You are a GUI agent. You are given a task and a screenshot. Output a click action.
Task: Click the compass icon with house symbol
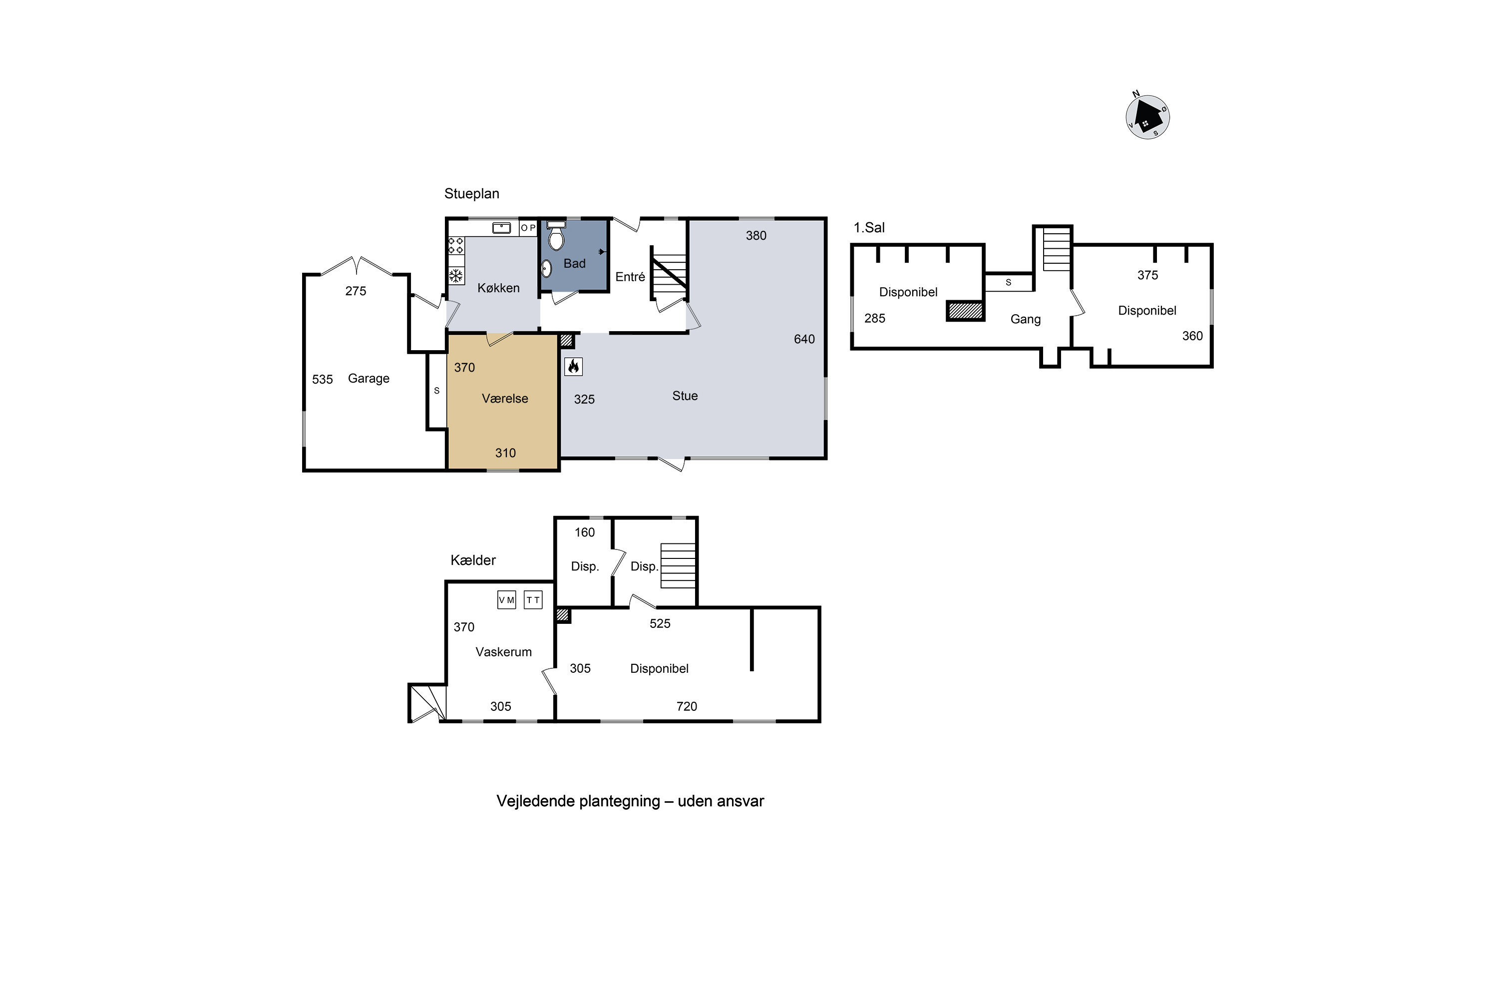point(1147,117)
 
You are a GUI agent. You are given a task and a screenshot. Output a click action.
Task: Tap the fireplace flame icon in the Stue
point(573,366)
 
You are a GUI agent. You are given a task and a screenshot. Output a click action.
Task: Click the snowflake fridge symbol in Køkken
point(456,276)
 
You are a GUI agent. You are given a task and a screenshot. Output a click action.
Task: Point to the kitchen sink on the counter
point(501,227)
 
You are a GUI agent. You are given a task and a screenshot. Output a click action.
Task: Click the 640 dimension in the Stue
point(804,339)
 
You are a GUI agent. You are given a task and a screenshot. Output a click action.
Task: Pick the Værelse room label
point(504,398)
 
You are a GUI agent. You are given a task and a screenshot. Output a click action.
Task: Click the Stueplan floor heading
point(471,194)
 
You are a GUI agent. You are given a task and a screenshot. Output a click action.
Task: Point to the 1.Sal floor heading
point(869,227)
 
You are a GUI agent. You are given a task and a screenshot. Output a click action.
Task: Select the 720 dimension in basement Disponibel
point(686,706)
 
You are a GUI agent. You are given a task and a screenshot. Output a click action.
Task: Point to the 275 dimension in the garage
point(356,291)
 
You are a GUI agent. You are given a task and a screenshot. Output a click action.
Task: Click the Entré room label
point(629,277)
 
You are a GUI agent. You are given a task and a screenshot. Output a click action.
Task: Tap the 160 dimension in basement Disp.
point(584,532)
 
